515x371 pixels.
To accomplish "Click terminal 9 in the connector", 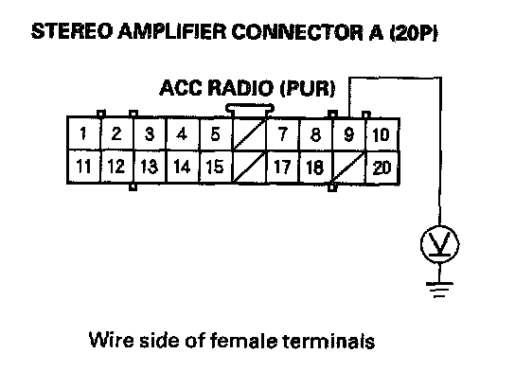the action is coord(348,134).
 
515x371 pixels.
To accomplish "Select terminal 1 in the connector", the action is coord(83,133).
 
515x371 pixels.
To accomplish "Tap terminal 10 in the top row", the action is coord(382,134).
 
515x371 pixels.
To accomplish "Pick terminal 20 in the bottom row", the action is coord(382,168).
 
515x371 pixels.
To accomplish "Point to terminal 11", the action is coord(83,167).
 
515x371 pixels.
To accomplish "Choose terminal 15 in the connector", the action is coord(216,167).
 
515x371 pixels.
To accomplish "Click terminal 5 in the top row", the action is coord(216,134).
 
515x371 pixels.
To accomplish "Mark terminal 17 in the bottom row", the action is coord(283,168).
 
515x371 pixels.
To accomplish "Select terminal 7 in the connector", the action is coord(283,134).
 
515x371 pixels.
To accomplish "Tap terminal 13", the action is coord(150,167).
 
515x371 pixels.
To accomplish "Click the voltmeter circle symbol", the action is coord(439,244).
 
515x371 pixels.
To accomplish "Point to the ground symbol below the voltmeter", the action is coord(439,290).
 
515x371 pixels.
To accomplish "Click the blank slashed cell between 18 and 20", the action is coord(348,168).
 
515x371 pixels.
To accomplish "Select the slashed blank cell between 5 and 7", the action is coord(250,134).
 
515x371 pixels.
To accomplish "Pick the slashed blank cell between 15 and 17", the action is coord(250,168).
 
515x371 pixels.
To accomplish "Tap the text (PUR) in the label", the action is coord(308,88).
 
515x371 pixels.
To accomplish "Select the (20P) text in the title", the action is coord(414,33).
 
